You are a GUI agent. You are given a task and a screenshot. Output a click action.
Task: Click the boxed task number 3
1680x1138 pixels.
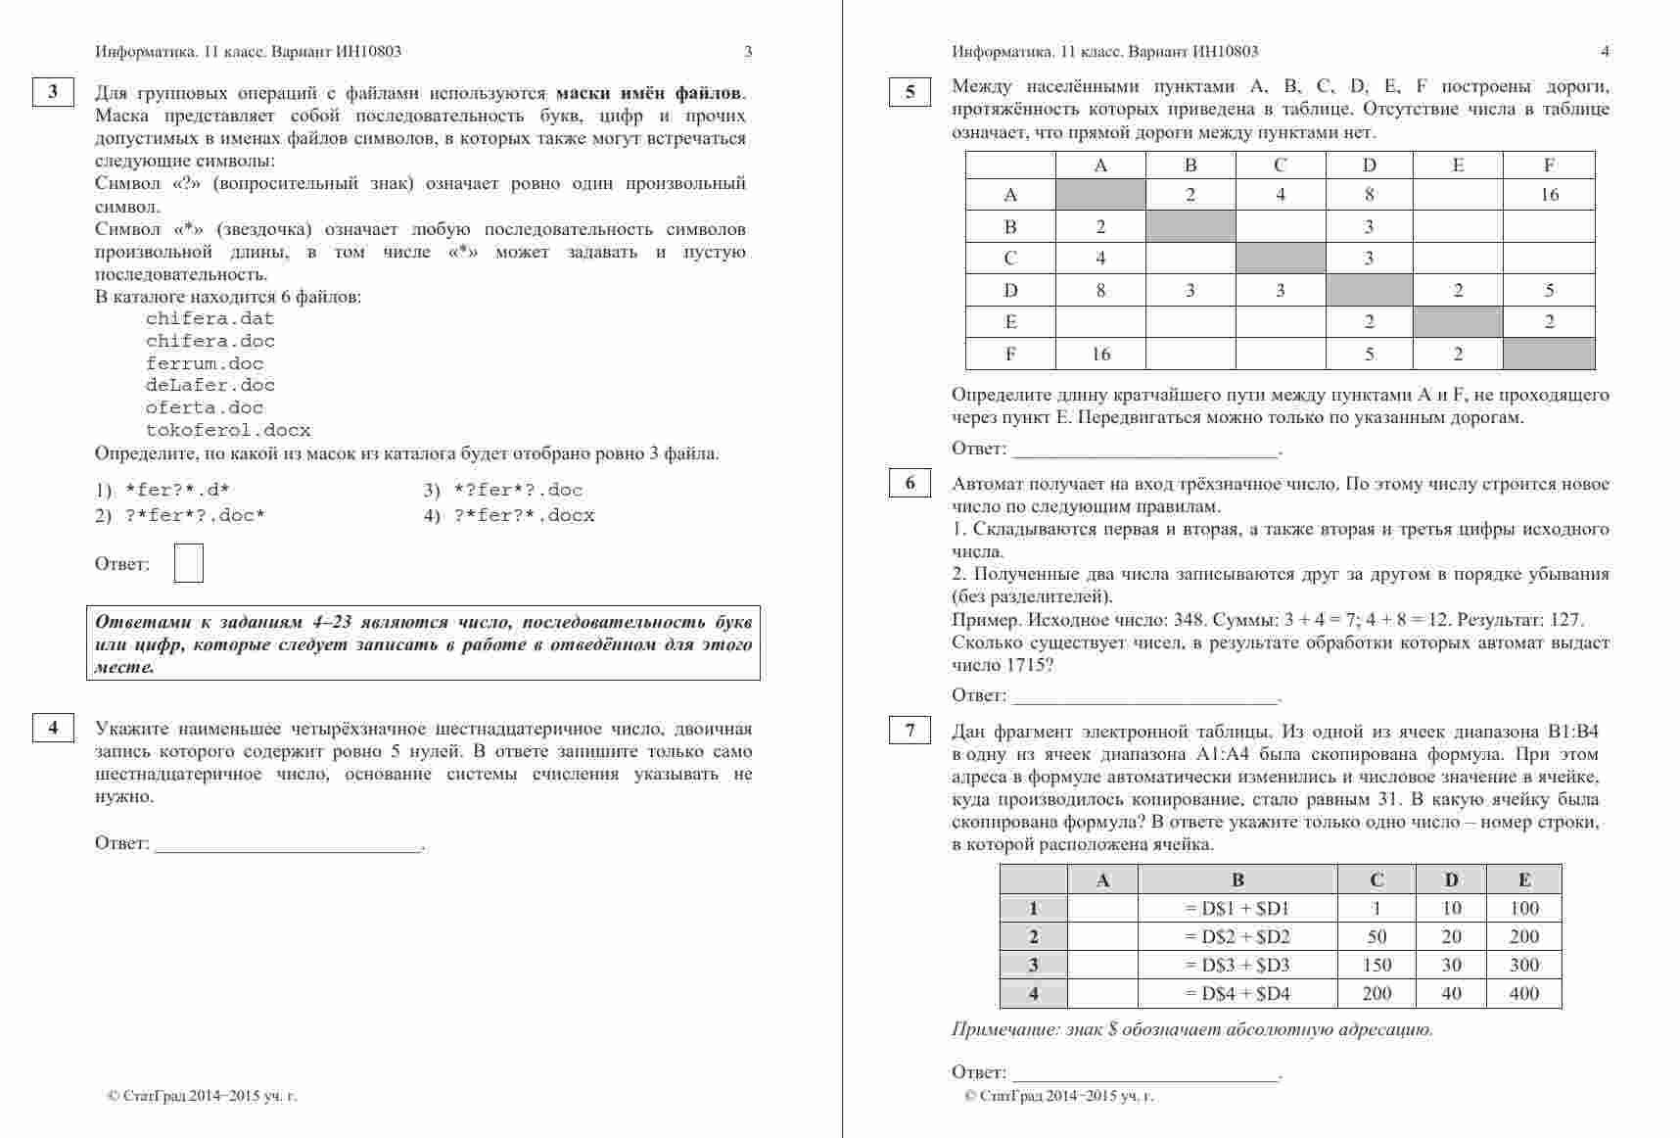coord(53,92)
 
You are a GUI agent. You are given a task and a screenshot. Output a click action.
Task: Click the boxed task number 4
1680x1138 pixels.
coord(53,727)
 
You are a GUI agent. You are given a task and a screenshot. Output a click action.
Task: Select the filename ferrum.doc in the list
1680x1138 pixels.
coord(205,363)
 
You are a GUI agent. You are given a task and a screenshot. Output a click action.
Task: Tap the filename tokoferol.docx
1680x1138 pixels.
coord(228,430)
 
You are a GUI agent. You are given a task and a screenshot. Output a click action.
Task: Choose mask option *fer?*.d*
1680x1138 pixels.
coord(177,491)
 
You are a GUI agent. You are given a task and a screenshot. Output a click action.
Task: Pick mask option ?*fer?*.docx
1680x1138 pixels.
coord(524,516)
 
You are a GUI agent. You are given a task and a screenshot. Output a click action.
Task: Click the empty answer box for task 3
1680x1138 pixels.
coord(189,563)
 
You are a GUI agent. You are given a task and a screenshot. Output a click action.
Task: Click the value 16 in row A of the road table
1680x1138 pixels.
coord(1549,195)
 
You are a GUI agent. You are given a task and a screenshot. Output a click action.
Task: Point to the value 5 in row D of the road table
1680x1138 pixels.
coord(1549,290)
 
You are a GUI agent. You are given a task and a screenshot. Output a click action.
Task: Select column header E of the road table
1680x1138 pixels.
coord(1458,166)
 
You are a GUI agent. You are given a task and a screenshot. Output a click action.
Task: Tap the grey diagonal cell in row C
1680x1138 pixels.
coord(1280,259)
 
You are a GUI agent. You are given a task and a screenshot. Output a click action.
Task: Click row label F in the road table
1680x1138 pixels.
coord(1010,354)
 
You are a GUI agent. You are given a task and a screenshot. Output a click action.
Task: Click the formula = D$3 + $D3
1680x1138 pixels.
coord(1237,966)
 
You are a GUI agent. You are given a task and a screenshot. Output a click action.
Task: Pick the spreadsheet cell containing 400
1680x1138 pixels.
coord(1524,994)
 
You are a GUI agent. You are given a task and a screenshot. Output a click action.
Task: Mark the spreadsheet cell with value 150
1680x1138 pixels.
coord(1377,966)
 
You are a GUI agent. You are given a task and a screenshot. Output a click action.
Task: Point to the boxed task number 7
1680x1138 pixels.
coord(910,730)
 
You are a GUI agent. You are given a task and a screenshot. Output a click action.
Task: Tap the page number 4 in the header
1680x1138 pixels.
coord(1605,52)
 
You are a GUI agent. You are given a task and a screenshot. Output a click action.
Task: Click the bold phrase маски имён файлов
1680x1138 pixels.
coord(649,94)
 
